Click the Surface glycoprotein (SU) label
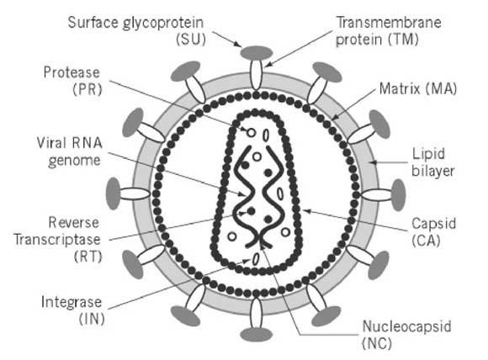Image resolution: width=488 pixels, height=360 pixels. (136, 31)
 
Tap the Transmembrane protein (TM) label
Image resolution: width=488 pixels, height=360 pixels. (389, 31)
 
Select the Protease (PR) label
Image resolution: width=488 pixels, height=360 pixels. (72, 81)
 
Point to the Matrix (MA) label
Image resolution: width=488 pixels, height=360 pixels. (418, 89)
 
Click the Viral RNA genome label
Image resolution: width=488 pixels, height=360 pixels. (69, 152)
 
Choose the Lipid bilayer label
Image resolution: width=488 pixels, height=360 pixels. (433, 162)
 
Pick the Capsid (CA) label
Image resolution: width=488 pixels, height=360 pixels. (433, 232)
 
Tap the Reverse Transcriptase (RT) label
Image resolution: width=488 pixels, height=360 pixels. (57, 240)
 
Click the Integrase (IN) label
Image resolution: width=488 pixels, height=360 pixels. (72, 310)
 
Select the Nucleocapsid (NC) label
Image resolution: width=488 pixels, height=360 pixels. (406, 335)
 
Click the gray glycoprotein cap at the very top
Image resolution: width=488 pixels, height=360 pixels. (257, 53)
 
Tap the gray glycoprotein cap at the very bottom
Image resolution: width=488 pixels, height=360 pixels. (257, 335)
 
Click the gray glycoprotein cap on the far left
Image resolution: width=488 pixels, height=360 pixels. (114, 193)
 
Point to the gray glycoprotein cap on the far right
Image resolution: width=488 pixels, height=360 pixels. (398, 195)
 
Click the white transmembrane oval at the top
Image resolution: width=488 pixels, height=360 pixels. (256, 75)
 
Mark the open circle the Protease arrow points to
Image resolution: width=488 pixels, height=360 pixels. (252, 133)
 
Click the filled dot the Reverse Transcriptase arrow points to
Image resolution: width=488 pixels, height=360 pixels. (252, 212)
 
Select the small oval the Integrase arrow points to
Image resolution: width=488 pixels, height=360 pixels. (256, 259)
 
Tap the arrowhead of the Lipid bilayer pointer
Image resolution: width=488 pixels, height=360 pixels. (374, 162)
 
